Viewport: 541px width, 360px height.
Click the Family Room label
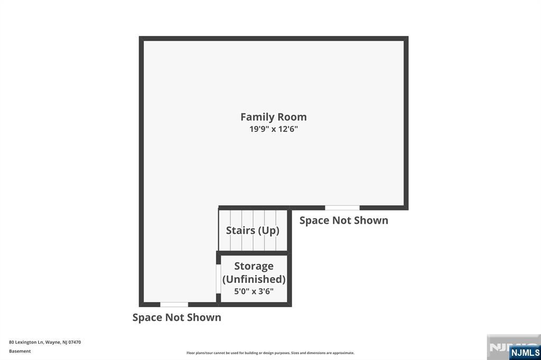(274, 117)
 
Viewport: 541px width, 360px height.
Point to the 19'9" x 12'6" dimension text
(274, 129)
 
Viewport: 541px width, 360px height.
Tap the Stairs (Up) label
(253, 230)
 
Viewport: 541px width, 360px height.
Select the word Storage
(254, 266)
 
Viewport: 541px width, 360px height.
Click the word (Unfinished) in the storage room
(254, 279)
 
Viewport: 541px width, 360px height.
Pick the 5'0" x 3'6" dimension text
(254, 291)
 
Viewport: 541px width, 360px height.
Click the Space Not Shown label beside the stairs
(343, 221)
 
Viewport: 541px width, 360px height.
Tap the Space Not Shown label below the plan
(176, 318)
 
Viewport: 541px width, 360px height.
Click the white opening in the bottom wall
(174, 305)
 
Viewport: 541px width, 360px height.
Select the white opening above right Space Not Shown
(342, 207)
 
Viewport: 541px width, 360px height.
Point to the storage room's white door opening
(218, 279)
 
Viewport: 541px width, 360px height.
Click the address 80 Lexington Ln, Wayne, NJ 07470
(45, 343)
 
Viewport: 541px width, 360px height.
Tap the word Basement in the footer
(20, 351)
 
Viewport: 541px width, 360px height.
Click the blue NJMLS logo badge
(525, 353)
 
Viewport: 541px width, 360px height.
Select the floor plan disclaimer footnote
(270, 353)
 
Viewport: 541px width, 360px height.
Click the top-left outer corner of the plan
(139, 36)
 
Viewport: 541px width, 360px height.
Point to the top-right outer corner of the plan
(408, 36)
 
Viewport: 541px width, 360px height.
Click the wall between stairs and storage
(254, 253)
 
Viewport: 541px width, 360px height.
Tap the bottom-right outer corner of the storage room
(292, 307)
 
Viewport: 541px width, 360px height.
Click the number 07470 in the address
(74, 343)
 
